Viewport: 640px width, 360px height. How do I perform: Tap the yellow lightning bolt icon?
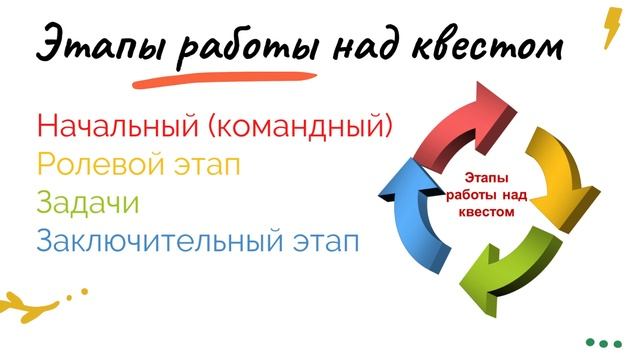(610, 27)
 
